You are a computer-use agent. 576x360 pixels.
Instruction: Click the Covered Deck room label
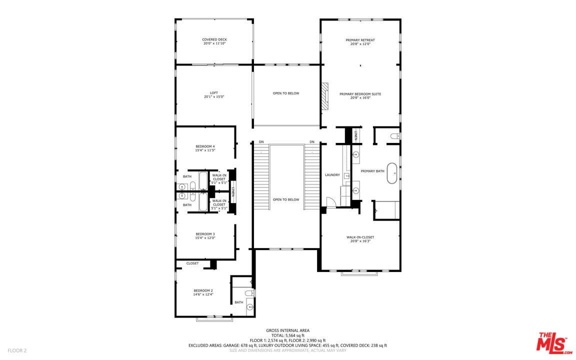pyautogui.click(x=214, y=39)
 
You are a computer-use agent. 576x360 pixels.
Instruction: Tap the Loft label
pyautogui.click(x=214, y=92)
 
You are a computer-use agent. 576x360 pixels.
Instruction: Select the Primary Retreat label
pyautogui.click(x=360, y=40)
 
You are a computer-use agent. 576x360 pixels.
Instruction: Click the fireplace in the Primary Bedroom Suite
pyautogui.click(x=325, y=96)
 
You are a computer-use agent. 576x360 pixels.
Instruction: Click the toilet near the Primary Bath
pyautogui.click(x=394, y=136)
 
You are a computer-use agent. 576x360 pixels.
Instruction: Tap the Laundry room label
pyautogui.click(x=332, y=175)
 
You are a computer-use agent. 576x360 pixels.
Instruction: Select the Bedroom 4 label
pyautogui.click(x=205, y=146)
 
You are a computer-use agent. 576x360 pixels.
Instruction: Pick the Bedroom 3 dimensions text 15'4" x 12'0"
pyautogui.click(x=205, y=238)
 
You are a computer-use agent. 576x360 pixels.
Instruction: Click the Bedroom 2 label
pyautogui.click(x=203, y=290)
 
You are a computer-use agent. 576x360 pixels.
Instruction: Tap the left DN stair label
pyautogui.click(x=261, y=142)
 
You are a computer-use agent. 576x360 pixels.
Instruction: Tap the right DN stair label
pyautogui.click(x=312, y=142)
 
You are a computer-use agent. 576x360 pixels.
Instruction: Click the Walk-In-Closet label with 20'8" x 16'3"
pyautogui.click(x=360, y=237)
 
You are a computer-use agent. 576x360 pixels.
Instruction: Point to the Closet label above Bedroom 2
pyautogui.click(x=192, y=263)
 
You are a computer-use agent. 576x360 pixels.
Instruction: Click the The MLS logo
pyautogui.click(x=553, y=343)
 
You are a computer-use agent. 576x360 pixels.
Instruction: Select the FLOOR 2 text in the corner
pyautogui.click(x=16, y=350)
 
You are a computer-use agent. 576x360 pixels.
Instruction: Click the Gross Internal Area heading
pyautogui.click(x=287, y=330)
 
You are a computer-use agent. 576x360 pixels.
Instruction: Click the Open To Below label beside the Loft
pyautogui.click(x=286, y=93)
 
